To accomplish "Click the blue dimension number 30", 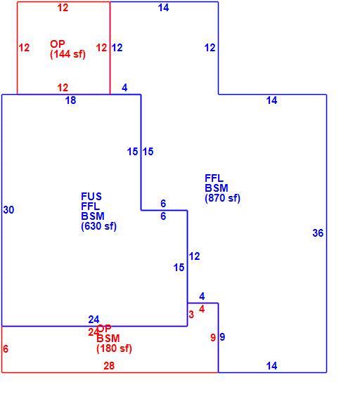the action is click(x=8, y=210).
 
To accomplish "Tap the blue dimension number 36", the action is click(x=318, y=233).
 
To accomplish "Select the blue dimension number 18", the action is click(x=70, y=100).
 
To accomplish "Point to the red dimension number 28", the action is click(x=109, y=365).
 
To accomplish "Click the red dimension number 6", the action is click(x=6, y=349).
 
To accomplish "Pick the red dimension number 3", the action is click(x=191, y=315).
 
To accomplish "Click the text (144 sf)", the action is click(x=67, y=54).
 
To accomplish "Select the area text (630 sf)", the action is click(x=98, y=226).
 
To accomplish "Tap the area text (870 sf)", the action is click(x=222, y=198).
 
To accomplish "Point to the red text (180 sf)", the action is click(x=114, y=348).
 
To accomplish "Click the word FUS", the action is click(x=91, y=197).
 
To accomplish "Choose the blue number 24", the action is click(x=94, y=320).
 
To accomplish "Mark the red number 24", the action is click(x=93, y=332).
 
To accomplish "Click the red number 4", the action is click(x=202, y=308).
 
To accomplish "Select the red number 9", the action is click(x=213, y=337).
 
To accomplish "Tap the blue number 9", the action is click(x=222, y=337).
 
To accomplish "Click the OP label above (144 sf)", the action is click(x=57, y=44).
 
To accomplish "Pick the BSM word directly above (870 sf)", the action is click(x=217, y=188).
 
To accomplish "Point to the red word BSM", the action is click(x=108, y=339).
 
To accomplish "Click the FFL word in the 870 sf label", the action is click(x=214, y=178).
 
